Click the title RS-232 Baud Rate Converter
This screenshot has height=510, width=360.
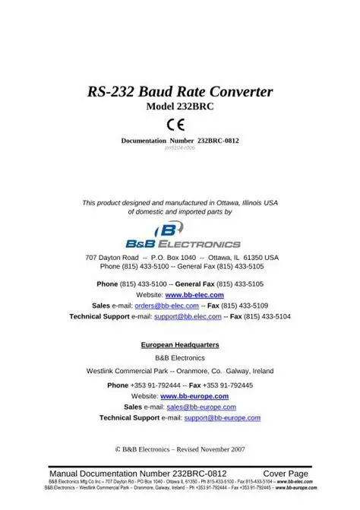(x=180, y=93)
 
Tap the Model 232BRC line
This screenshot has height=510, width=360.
(x=180, y=109)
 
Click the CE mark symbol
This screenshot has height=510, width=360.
(x=180, y=125)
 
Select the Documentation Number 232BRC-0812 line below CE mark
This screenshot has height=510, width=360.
(x=180, y=141)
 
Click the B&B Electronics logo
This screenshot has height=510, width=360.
(x=180, y=236)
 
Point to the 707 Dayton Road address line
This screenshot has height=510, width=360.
(x=180, y=258)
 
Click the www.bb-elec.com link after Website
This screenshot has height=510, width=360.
(x=194, y=294)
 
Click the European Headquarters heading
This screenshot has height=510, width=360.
(x=180, y=344)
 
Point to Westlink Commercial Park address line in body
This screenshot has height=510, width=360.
(x=180, y=371)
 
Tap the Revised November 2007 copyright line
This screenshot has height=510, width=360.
(x=180, y=450)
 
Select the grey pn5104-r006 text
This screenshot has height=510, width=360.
(x=180, y=148)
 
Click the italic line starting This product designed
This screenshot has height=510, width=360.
(x=180, y=203)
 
